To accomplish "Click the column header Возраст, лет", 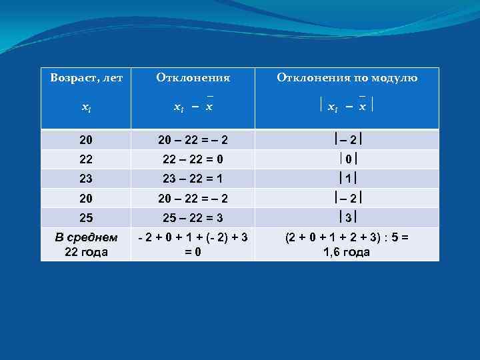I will pos(86,78).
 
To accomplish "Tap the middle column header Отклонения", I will pos(193,78).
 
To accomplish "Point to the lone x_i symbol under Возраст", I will pos(86,107).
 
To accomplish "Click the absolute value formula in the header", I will pos(346,107).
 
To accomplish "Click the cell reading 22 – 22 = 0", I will pos(193,159).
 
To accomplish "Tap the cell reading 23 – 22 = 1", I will pos(193,179).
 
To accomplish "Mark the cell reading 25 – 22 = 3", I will pos(193,217).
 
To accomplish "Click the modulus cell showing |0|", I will pos(347,159).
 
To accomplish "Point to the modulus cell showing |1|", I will pos(347,179).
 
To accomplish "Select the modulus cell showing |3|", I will pos(347,217).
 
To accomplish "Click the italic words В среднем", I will pos(86,237).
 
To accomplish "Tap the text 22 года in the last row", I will pos(86,251).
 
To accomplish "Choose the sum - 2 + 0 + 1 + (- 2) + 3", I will pos(193,237).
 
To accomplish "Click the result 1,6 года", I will pos(346,251).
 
